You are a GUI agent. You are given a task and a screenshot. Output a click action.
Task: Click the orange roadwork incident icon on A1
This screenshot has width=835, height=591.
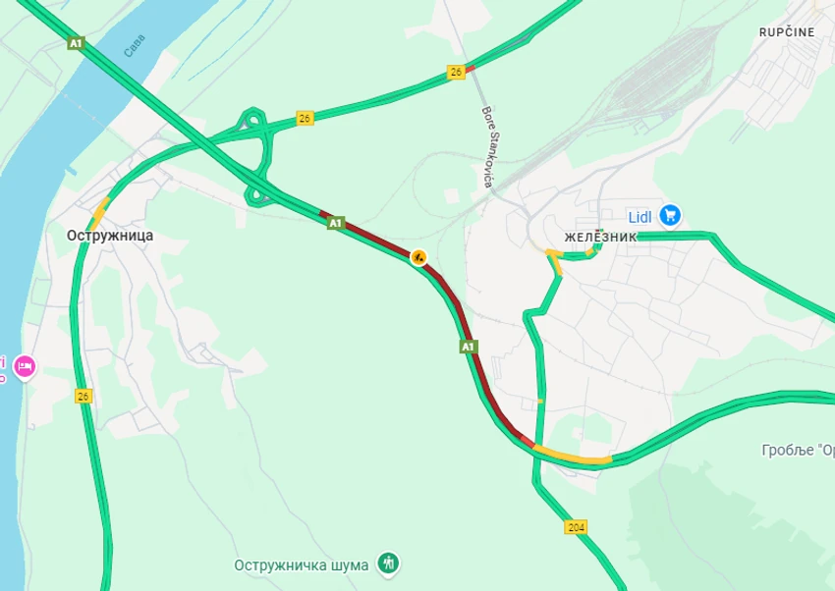[x=418, y=257]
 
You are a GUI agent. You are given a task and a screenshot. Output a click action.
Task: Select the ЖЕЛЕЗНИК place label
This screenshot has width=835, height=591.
[x=600, y=238]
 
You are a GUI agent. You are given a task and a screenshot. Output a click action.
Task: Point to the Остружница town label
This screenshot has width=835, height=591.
[x=110, y=236]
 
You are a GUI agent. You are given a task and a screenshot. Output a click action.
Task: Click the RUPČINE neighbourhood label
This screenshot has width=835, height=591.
[x=786, y=32]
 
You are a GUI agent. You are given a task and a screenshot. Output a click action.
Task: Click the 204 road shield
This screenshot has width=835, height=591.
[x=577, y=528]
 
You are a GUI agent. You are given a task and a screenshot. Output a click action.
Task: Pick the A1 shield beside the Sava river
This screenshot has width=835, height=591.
[x=77, y=43]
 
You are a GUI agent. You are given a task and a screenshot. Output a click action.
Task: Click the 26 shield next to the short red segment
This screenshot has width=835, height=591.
[x=456, y=72]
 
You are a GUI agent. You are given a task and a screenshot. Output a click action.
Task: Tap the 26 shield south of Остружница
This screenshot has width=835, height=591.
[x=83, y=396]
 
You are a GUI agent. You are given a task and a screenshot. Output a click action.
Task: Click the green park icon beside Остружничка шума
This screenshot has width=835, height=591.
[x=390, y=564]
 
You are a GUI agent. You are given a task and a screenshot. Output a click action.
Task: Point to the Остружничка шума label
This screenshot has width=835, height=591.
[x=302, y=564]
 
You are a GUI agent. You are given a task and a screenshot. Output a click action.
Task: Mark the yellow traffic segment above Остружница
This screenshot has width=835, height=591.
[x=100, y=209]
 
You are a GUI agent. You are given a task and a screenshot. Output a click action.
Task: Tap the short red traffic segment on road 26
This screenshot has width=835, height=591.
[x=470, y=69]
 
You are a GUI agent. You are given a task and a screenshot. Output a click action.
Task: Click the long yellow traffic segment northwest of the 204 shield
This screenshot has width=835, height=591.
[x=574, y=457]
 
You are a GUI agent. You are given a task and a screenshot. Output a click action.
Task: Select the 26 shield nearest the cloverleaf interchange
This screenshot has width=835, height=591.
[x=305, y=118]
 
